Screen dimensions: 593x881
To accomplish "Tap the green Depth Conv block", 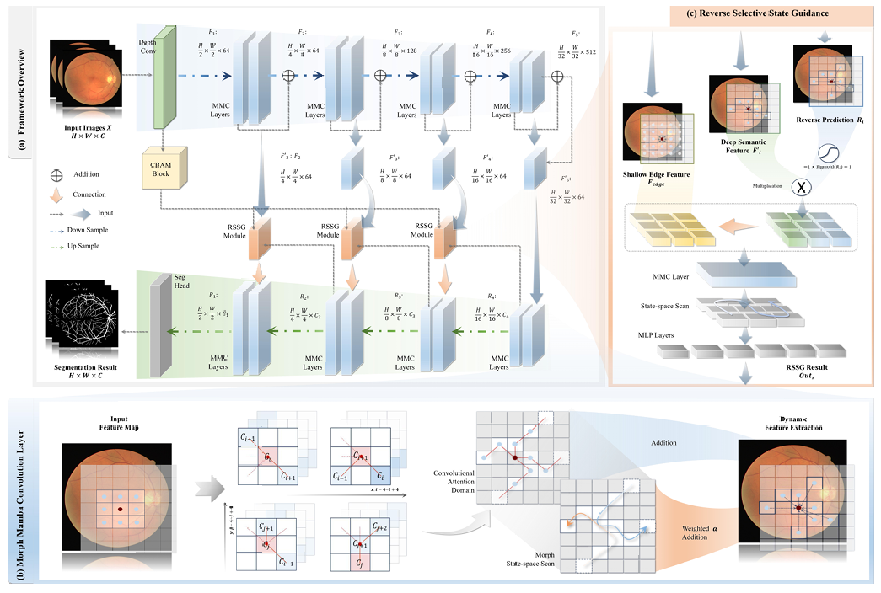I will click(164, 80).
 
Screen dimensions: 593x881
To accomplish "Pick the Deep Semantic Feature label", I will click(743, 147).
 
